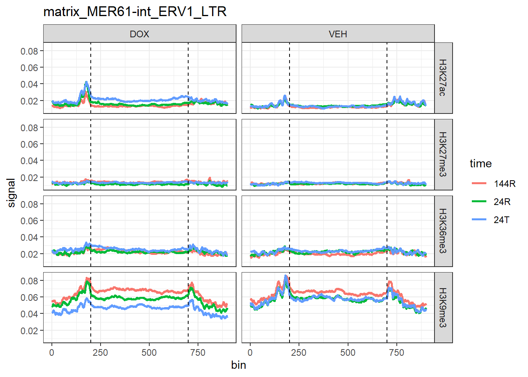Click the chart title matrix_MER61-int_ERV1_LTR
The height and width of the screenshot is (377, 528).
pyautogui.click(x=135, y=12)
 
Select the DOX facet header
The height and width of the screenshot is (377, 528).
pyautogui.click(x=139, y=34)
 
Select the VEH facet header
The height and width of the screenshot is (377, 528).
pyautogui.click(x=338, y=34)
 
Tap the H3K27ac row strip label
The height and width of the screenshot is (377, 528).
pyautogui.click(x=443, y=78)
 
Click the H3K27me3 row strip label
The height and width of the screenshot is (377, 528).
pyautogui.click(x=443, y=154)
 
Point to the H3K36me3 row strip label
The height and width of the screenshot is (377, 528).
pyautogui.click(x=443, y=231)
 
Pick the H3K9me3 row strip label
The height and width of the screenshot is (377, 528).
pyautogui.click(x=443, y=307)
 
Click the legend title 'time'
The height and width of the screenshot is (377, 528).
pyautogui.click(x=480, y=164)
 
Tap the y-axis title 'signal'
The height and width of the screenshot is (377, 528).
pyautogui.click(x=11, y=192)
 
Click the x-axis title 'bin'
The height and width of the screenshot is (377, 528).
pyautogui.click(x=238, y=365)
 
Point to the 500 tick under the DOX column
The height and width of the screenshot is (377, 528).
pyautogui.click(x=149, y=353)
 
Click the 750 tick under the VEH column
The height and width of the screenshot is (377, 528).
pyautogui.click(x=396, y=353)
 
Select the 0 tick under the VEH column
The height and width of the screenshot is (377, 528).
pyautogui.click(x=250, y=353)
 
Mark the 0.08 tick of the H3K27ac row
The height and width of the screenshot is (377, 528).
pyautogui.click(x=29, y=51)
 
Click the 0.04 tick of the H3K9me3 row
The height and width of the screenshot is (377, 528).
pyautogui.click(x=29, y=314)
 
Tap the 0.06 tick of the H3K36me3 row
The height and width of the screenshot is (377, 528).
pyautogui.click(x=29, y=221)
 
